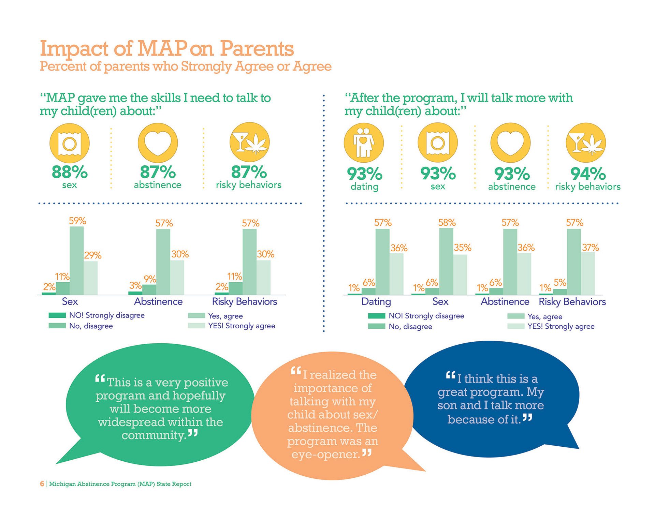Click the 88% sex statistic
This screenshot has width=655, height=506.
70,172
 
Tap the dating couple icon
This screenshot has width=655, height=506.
364,143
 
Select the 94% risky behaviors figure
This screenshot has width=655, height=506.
588,174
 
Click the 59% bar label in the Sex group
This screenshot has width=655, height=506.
77,221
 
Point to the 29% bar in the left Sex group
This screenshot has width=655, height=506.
90,278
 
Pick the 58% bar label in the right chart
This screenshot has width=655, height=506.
447,223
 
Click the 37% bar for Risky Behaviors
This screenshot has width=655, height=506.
588,273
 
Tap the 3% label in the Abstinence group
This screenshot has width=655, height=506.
135,285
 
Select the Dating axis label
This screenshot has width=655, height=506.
376,302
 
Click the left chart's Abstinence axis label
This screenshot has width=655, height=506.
158,302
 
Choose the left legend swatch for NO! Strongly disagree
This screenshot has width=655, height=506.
57,315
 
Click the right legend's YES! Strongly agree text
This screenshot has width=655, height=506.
561,327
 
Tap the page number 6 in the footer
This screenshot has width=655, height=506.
42,484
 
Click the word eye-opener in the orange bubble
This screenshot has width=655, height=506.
326,455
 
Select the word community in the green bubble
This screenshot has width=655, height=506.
154,435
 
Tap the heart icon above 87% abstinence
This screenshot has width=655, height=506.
158,143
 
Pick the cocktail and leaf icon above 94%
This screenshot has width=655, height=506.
586,143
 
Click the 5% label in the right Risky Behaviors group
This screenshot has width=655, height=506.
560,283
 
